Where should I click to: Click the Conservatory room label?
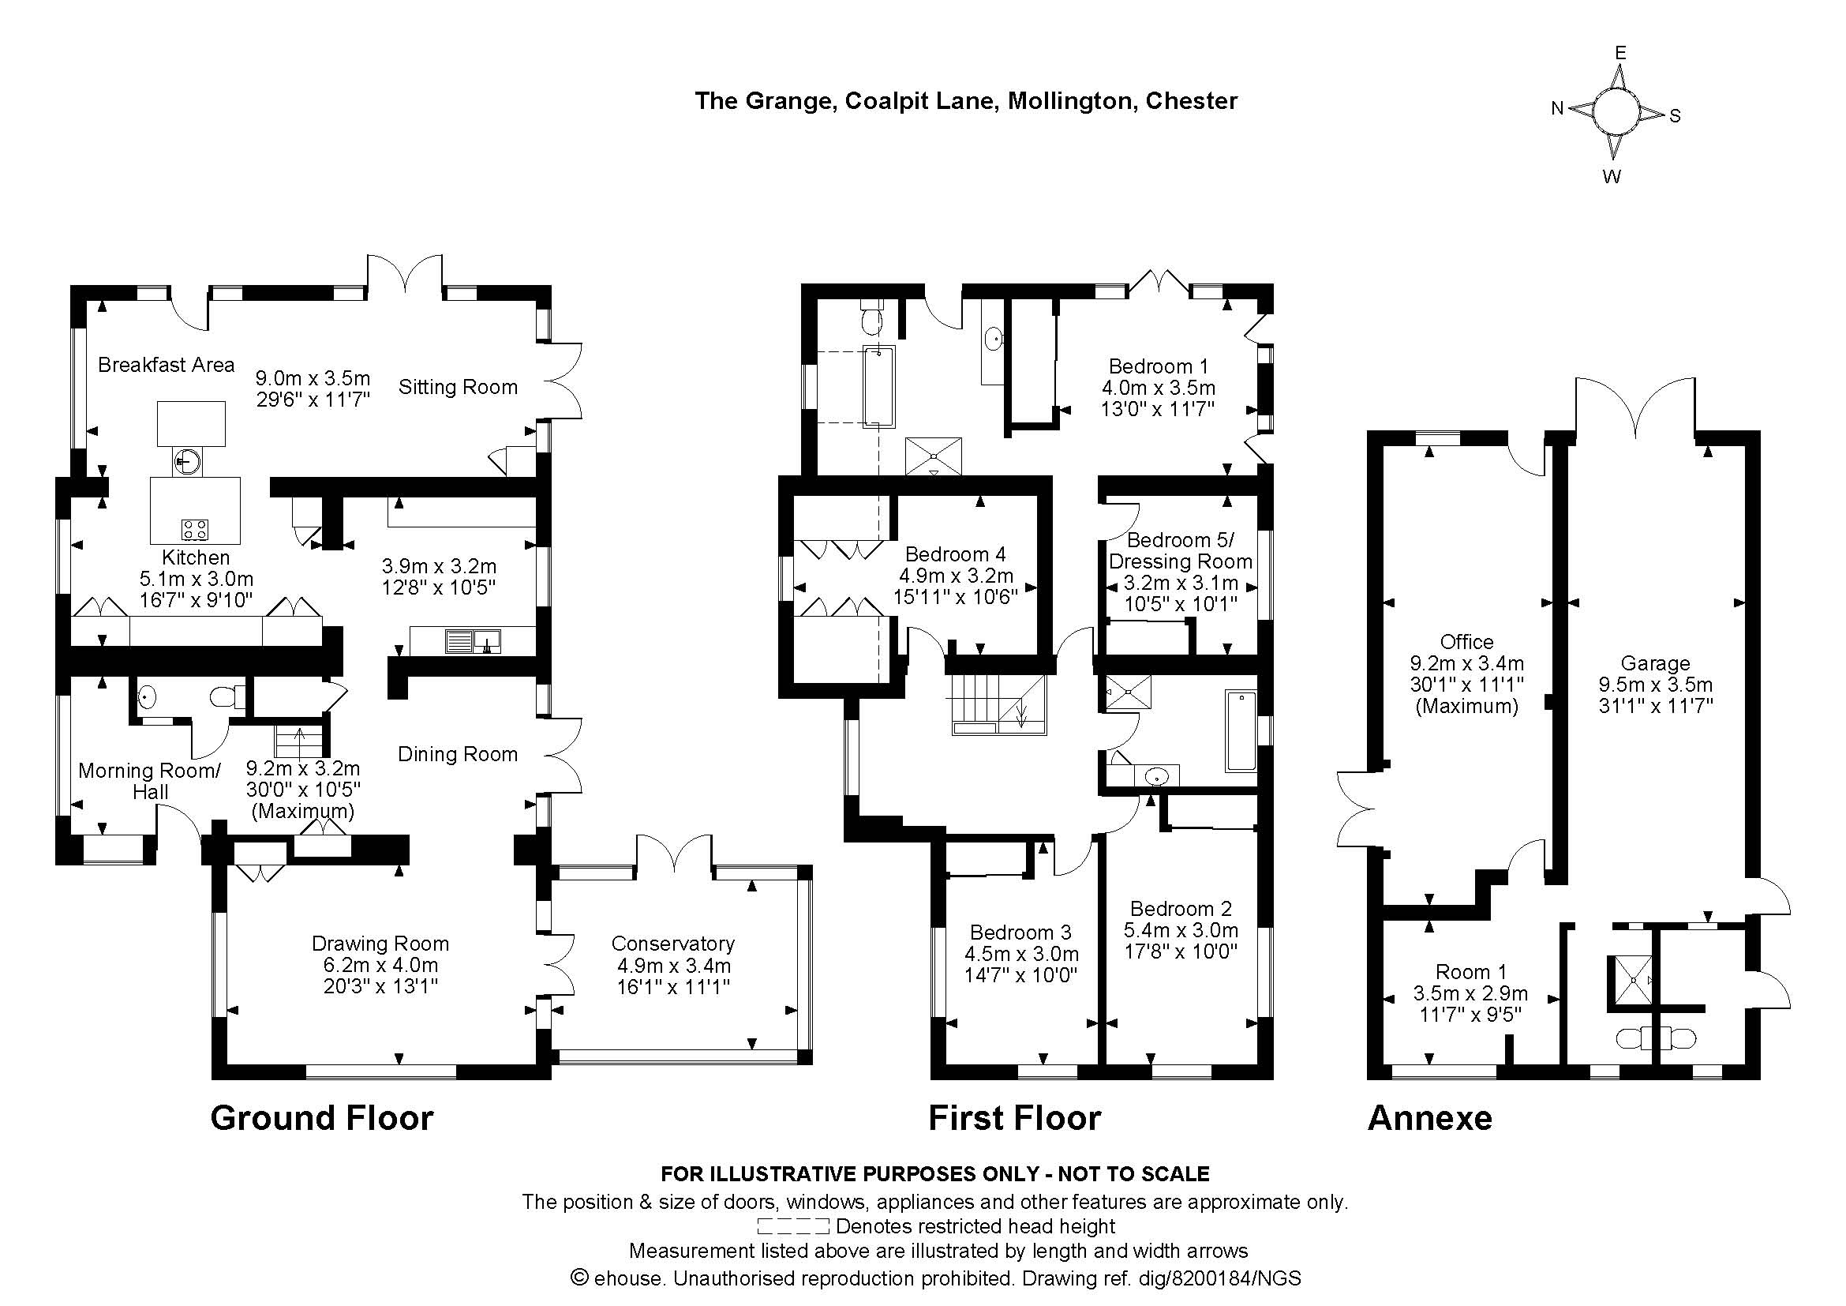[673, 944]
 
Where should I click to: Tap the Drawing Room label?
[380, 944]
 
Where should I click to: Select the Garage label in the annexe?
[1656, 663]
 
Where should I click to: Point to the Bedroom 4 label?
[955, 554]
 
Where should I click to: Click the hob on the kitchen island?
[195, 529]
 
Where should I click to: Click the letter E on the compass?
[1621, 53]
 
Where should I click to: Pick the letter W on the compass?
[1612, 177]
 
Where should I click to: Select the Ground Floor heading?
[321, 1118]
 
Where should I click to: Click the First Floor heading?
[1015, 1118]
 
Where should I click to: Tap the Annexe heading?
[1429, 1118]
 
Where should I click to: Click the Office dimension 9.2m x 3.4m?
[1467, 663]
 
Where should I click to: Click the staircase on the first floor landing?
[999, 704]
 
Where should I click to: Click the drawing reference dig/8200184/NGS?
[1219, 1278]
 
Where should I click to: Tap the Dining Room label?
[459, 753]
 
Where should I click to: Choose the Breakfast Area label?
[167, 364]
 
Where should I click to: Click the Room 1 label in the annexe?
[1471, 971]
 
